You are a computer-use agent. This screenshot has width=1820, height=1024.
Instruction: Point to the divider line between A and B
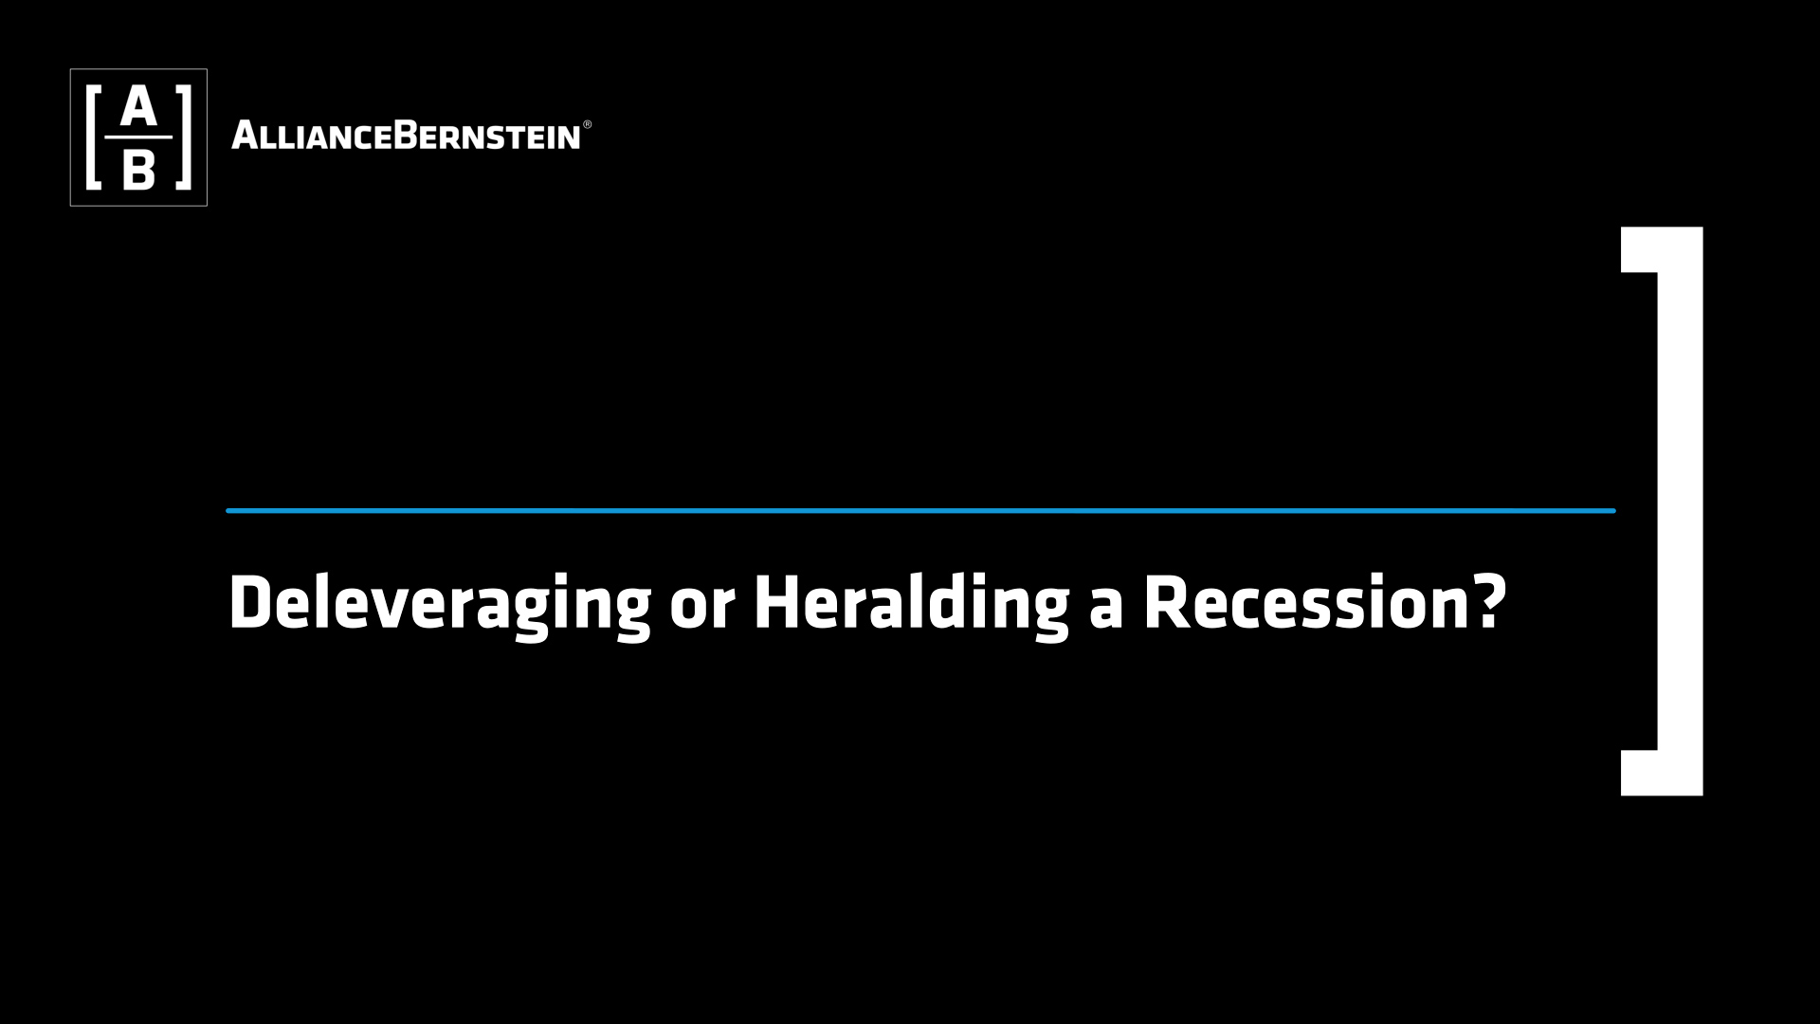[x=138, y=137]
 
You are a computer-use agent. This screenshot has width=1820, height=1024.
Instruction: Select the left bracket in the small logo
[x=93, y=137]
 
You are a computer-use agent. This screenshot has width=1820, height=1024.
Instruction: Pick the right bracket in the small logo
[x=184, y=137]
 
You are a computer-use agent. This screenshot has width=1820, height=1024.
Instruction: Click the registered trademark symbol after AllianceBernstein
[x=587, y=124]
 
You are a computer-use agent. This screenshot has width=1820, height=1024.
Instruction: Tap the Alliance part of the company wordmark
[x=311, y=136]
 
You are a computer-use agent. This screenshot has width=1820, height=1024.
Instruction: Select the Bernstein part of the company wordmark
[x=486, y=136]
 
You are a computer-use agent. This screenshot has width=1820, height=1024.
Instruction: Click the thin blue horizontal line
[x=920, y=511]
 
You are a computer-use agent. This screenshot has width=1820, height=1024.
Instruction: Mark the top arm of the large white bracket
[x=1662, y=249]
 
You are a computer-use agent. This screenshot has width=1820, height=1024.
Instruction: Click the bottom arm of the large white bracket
[x=1662, y=773]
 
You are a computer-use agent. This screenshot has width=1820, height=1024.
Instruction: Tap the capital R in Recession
[x=1166, y=603]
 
